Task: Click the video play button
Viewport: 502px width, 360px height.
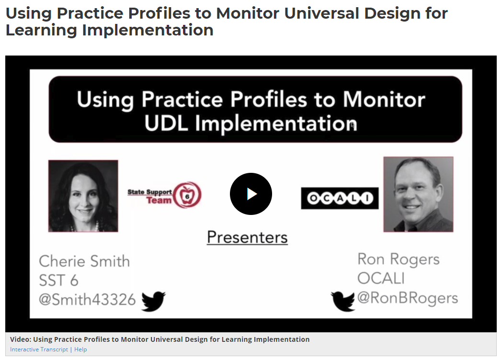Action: [x=251, y=194]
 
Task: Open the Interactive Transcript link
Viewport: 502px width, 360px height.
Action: [x=39, y=349]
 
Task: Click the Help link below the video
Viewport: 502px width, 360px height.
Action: [x=80, y=349]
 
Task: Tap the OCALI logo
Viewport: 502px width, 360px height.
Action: [x=340, y=198]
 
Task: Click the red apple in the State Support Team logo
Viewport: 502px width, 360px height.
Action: [x=188, y=195]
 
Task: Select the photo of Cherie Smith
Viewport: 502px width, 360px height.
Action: [x=83, y=196]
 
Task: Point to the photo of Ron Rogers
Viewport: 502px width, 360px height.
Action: [x=419, y=194]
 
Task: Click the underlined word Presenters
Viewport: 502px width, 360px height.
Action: [x=247, y=237]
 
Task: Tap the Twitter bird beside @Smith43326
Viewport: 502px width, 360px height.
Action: [x=153, y=301]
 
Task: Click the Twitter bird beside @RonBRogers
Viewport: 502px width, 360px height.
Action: [x=343, y=301]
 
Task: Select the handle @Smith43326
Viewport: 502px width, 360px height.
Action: [x=87, y=300]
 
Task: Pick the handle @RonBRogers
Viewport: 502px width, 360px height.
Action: [x=408, y=298]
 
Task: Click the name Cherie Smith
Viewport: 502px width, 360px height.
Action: [x=84, y=261]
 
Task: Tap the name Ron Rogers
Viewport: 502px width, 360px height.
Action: [x=399, y=259]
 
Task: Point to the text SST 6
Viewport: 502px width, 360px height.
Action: [x=58, y=281]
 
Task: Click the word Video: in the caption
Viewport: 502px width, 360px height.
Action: [x=21, y=339]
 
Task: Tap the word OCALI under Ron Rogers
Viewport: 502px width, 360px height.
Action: [x=381, y=279]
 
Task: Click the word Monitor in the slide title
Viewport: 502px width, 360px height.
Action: [x=384, y=100]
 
